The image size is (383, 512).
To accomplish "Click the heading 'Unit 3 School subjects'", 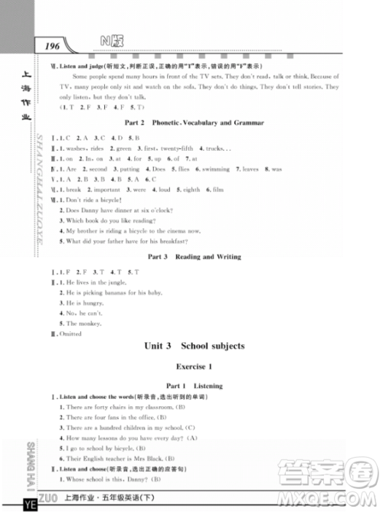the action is point(194,346).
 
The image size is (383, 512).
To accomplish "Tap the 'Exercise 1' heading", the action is point(194,367).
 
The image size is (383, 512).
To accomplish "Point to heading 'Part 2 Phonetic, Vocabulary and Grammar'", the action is point(194,123).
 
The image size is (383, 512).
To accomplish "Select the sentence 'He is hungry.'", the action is point(84,303).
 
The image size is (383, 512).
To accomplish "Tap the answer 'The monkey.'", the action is point(82,323).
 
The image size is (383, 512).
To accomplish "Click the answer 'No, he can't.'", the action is point(83,313).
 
